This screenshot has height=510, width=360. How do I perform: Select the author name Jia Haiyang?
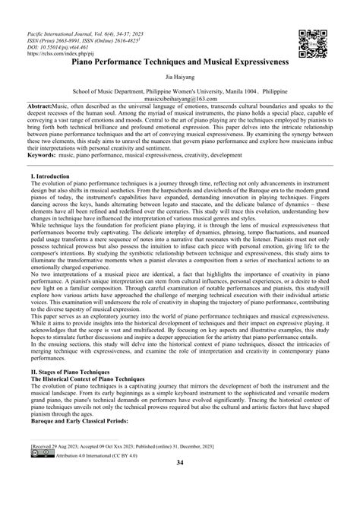(x=180, y=76)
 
